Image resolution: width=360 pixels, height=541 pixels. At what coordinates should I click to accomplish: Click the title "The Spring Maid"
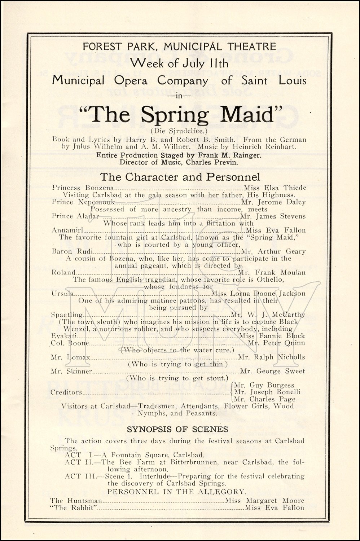pos(179,114)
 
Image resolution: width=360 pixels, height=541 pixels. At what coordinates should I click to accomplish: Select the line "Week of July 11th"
pos(179,63)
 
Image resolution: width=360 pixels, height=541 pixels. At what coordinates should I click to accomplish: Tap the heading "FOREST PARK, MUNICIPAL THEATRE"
pos(179,47)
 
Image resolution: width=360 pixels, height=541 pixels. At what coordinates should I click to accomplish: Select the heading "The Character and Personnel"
pos(180,177)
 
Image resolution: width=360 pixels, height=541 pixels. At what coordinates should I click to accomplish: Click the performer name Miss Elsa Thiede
pos(275,188)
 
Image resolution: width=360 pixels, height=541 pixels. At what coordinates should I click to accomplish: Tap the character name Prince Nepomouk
pos(83,202)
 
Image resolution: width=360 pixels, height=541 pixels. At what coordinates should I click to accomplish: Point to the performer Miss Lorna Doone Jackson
pos(259,294)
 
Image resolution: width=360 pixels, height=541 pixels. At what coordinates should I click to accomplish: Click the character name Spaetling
pos(67,315)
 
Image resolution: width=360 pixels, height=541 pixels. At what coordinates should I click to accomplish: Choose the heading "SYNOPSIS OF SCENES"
pos(177,429)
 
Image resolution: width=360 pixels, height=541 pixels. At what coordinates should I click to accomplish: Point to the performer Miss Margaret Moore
pos(264,501)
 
